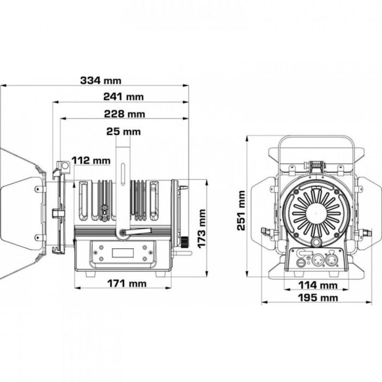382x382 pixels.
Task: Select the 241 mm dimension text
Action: [123, 97]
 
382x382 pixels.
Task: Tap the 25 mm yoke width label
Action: [123, 132]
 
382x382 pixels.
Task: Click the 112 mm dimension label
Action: [91, 160]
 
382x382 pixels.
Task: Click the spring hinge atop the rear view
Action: [315, 165]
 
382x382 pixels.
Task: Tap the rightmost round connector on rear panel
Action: [331, 261]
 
